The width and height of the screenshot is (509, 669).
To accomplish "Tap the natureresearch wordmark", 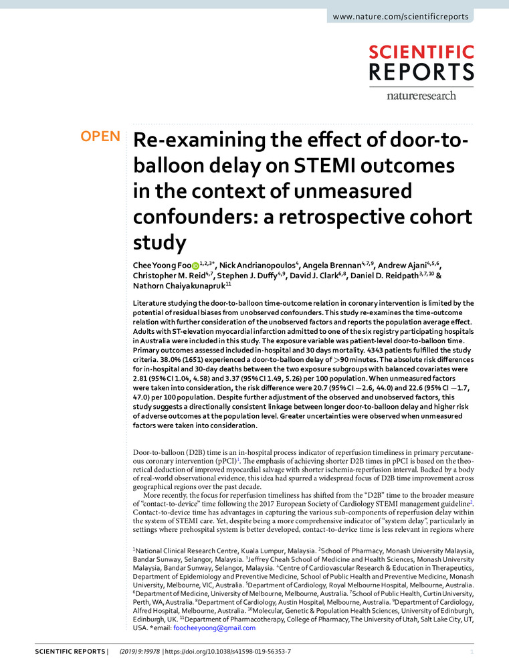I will click(x=421, y=95).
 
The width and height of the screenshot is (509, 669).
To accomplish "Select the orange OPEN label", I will click(x=100, y=137).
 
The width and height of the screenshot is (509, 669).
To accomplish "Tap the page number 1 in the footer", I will click(x=472, y=651).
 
